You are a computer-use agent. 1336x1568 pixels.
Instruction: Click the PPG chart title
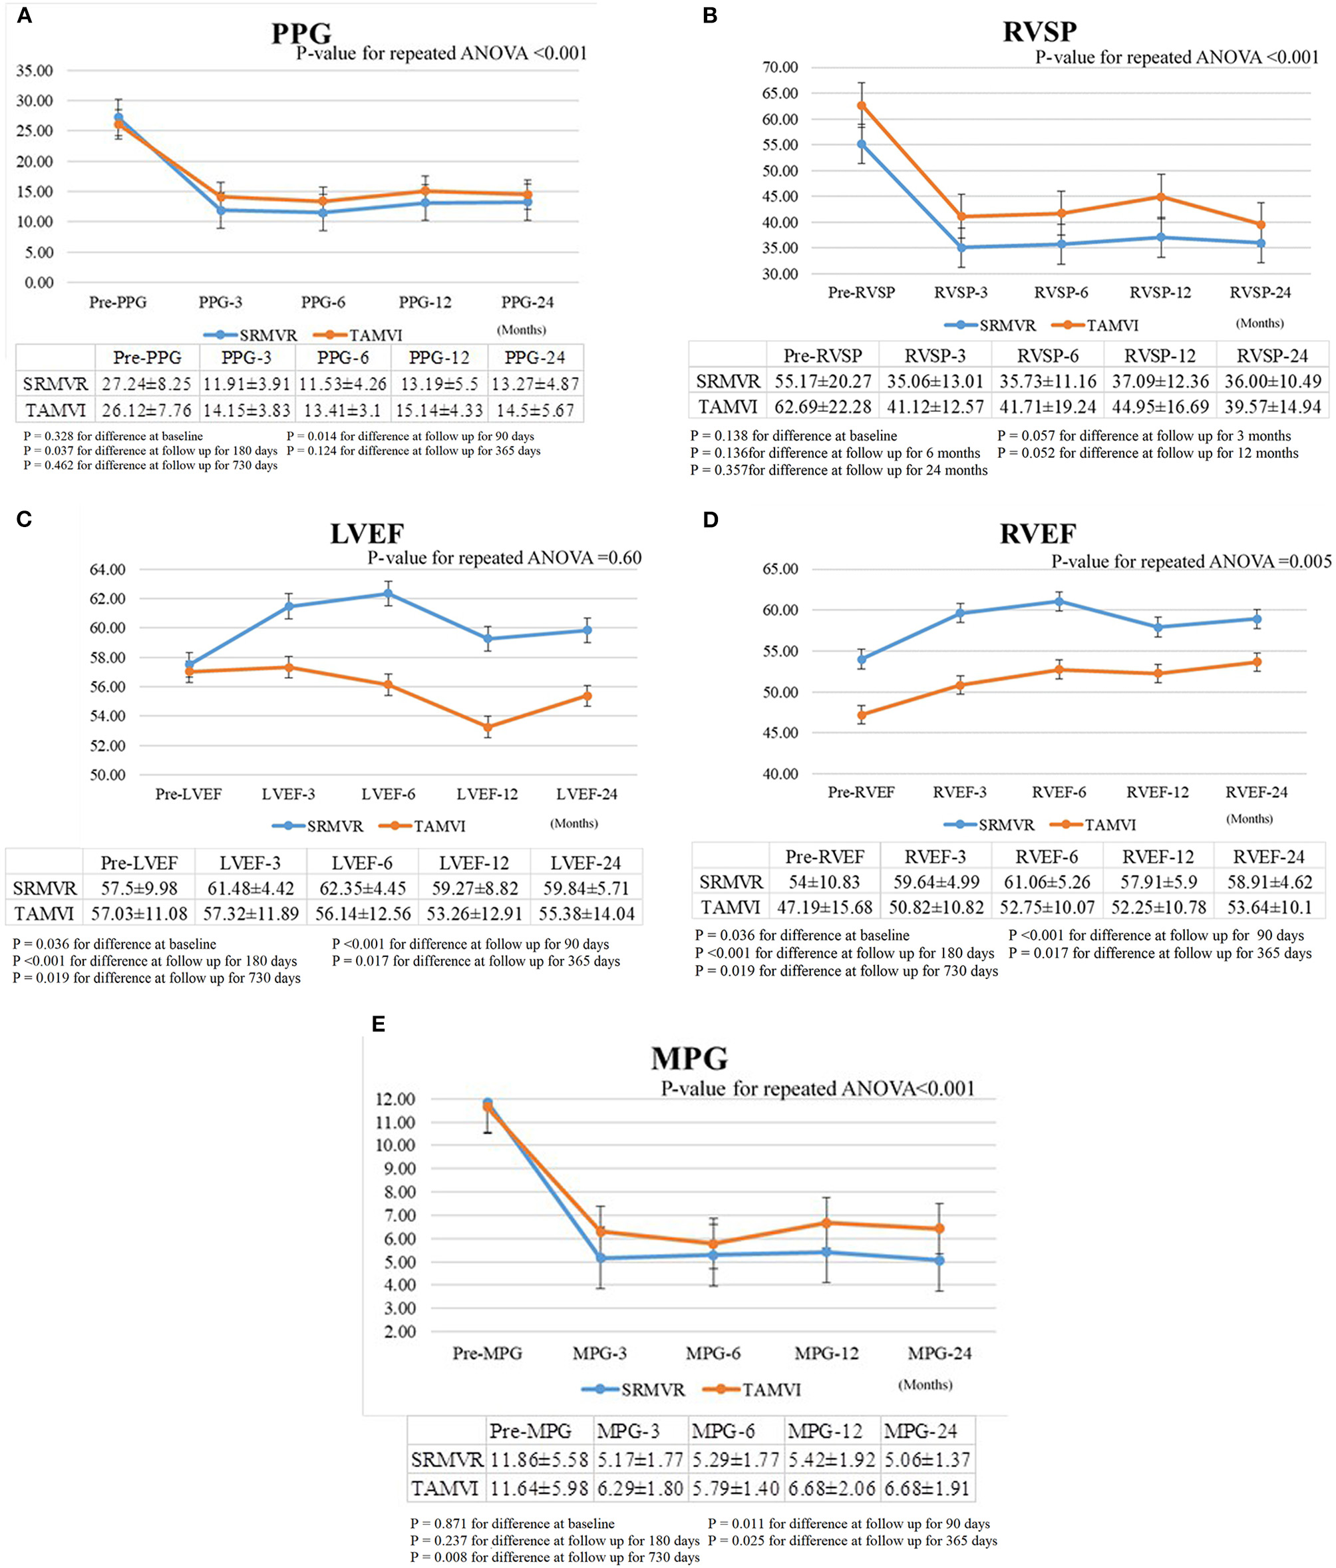(301, 33)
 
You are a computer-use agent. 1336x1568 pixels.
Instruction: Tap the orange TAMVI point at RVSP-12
(1160, 197)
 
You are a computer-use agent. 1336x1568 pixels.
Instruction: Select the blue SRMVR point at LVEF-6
(388, 594)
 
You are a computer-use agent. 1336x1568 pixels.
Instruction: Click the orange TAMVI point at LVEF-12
(488, 727)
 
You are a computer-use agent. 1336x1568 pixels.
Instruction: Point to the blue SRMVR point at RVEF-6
(1059, 602)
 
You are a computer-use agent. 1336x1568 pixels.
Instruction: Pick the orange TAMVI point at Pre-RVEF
(861, 714)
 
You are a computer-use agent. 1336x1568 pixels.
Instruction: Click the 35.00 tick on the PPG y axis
(34, 71)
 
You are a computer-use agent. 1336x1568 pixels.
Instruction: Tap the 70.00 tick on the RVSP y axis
(780, 67)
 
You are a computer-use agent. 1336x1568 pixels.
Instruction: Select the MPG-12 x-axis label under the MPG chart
(826, 1353)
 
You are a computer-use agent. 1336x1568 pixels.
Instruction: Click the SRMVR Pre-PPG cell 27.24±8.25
(147, 383)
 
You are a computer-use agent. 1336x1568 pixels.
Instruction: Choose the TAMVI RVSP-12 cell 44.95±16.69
(1160, 407)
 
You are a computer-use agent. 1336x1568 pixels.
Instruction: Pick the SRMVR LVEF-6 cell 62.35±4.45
(363, 888)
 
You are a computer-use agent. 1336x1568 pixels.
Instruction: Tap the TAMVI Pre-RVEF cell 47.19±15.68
(824, 906)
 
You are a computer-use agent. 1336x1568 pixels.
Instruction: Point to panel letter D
(710, 520)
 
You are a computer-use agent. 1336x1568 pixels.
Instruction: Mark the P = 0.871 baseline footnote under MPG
(512, 1523)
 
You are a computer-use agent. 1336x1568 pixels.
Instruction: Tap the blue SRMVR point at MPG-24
(939, 1260)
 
